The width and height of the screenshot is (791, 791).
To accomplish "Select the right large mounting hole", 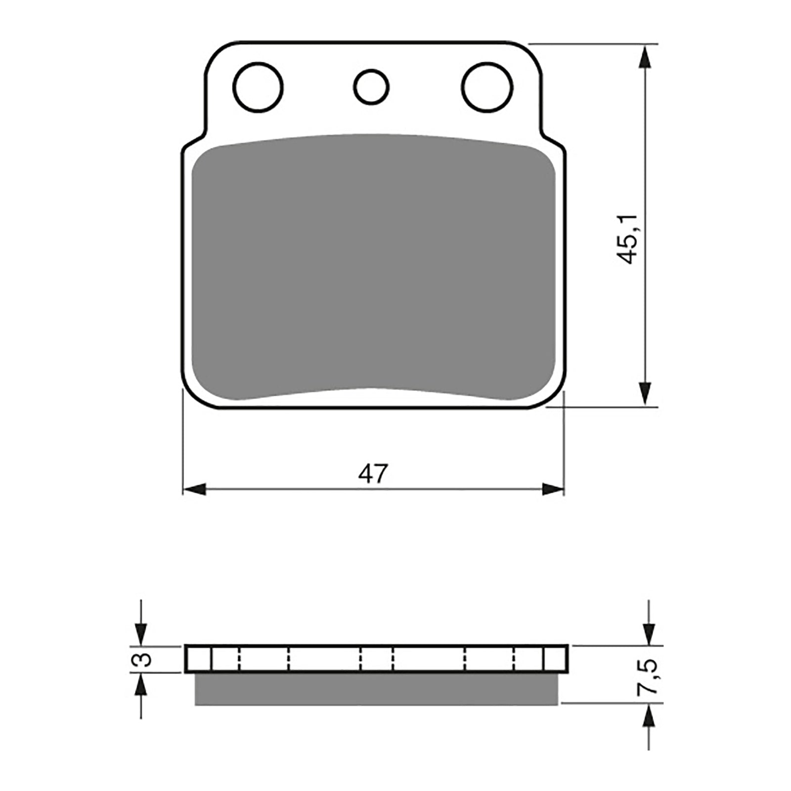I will click(487, 87).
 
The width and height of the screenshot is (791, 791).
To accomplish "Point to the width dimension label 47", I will click(374, 474).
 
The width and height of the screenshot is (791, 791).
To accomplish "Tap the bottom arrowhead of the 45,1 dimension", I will click(644, 394).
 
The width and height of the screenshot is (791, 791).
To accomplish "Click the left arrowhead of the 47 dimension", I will click(194, 490).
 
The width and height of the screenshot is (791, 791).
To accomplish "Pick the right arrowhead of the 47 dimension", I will click(552, 490).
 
